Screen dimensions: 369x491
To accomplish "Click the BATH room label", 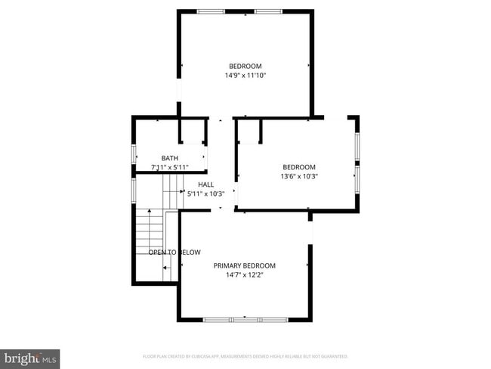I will pos(169,158).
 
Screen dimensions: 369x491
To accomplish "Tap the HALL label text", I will pos(205,184).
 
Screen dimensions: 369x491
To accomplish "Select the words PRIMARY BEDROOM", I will pos(244,265).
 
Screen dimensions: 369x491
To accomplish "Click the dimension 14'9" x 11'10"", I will pos(245,75).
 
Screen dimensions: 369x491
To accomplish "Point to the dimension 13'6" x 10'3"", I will pos(299,177).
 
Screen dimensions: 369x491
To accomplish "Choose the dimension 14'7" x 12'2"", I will pos(244,275).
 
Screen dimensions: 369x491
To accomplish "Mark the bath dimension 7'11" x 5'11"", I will pos(169,167).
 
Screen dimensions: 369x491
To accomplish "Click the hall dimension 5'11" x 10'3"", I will pos(205,194).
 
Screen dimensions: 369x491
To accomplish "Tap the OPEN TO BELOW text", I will pos(174,252).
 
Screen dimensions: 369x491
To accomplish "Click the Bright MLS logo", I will pos(30,357).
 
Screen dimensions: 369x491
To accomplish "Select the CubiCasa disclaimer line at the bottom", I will pos(245,355).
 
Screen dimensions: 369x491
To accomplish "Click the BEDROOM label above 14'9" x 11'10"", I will pos(245,65).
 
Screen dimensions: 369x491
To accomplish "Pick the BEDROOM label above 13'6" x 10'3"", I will pos(299,167).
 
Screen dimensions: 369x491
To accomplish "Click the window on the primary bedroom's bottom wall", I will pos(245,320).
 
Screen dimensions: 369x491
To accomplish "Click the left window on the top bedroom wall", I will pos(210,11).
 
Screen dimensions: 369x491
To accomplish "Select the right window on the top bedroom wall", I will pos(267,11).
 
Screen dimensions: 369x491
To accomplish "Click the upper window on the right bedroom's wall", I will pos(357,144).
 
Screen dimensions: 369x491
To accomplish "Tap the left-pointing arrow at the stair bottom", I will pos(167,268).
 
